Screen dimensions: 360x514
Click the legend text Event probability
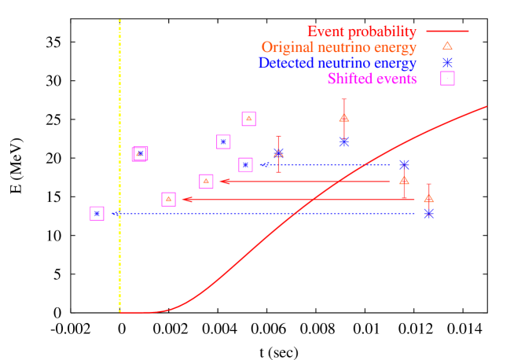[361, 32]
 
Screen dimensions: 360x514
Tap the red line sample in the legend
[447, 31]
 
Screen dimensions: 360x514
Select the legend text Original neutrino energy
[339, 48]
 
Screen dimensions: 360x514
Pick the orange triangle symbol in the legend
[447, 46]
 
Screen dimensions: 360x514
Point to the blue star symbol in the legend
[447, 62]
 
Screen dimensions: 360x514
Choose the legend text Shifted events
[372, 79]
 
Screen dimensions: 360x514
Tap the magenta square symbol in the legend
[447, 78]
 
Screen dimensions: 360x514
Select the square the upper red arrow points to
[206, 181]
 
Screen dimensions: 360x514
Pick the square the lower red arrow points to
[168, 199]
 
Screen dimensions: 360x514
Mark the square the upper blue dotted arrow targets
[245, 164]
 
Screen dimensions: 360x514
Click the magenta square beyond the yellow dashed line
[97, 213]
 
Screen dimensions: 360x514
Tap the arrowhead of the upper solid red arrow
[223, 182]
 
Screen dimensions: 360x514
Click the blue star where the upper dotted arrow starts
[404, 164]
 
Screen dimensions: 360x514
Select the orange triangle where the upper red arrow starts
[404, 180]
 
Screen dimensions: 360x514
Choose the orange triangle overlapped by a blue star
[278, 152]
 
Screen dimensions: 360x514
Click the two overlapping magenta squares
[140, 154]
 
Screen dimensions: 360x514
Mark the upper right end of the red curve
[486, 106]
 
